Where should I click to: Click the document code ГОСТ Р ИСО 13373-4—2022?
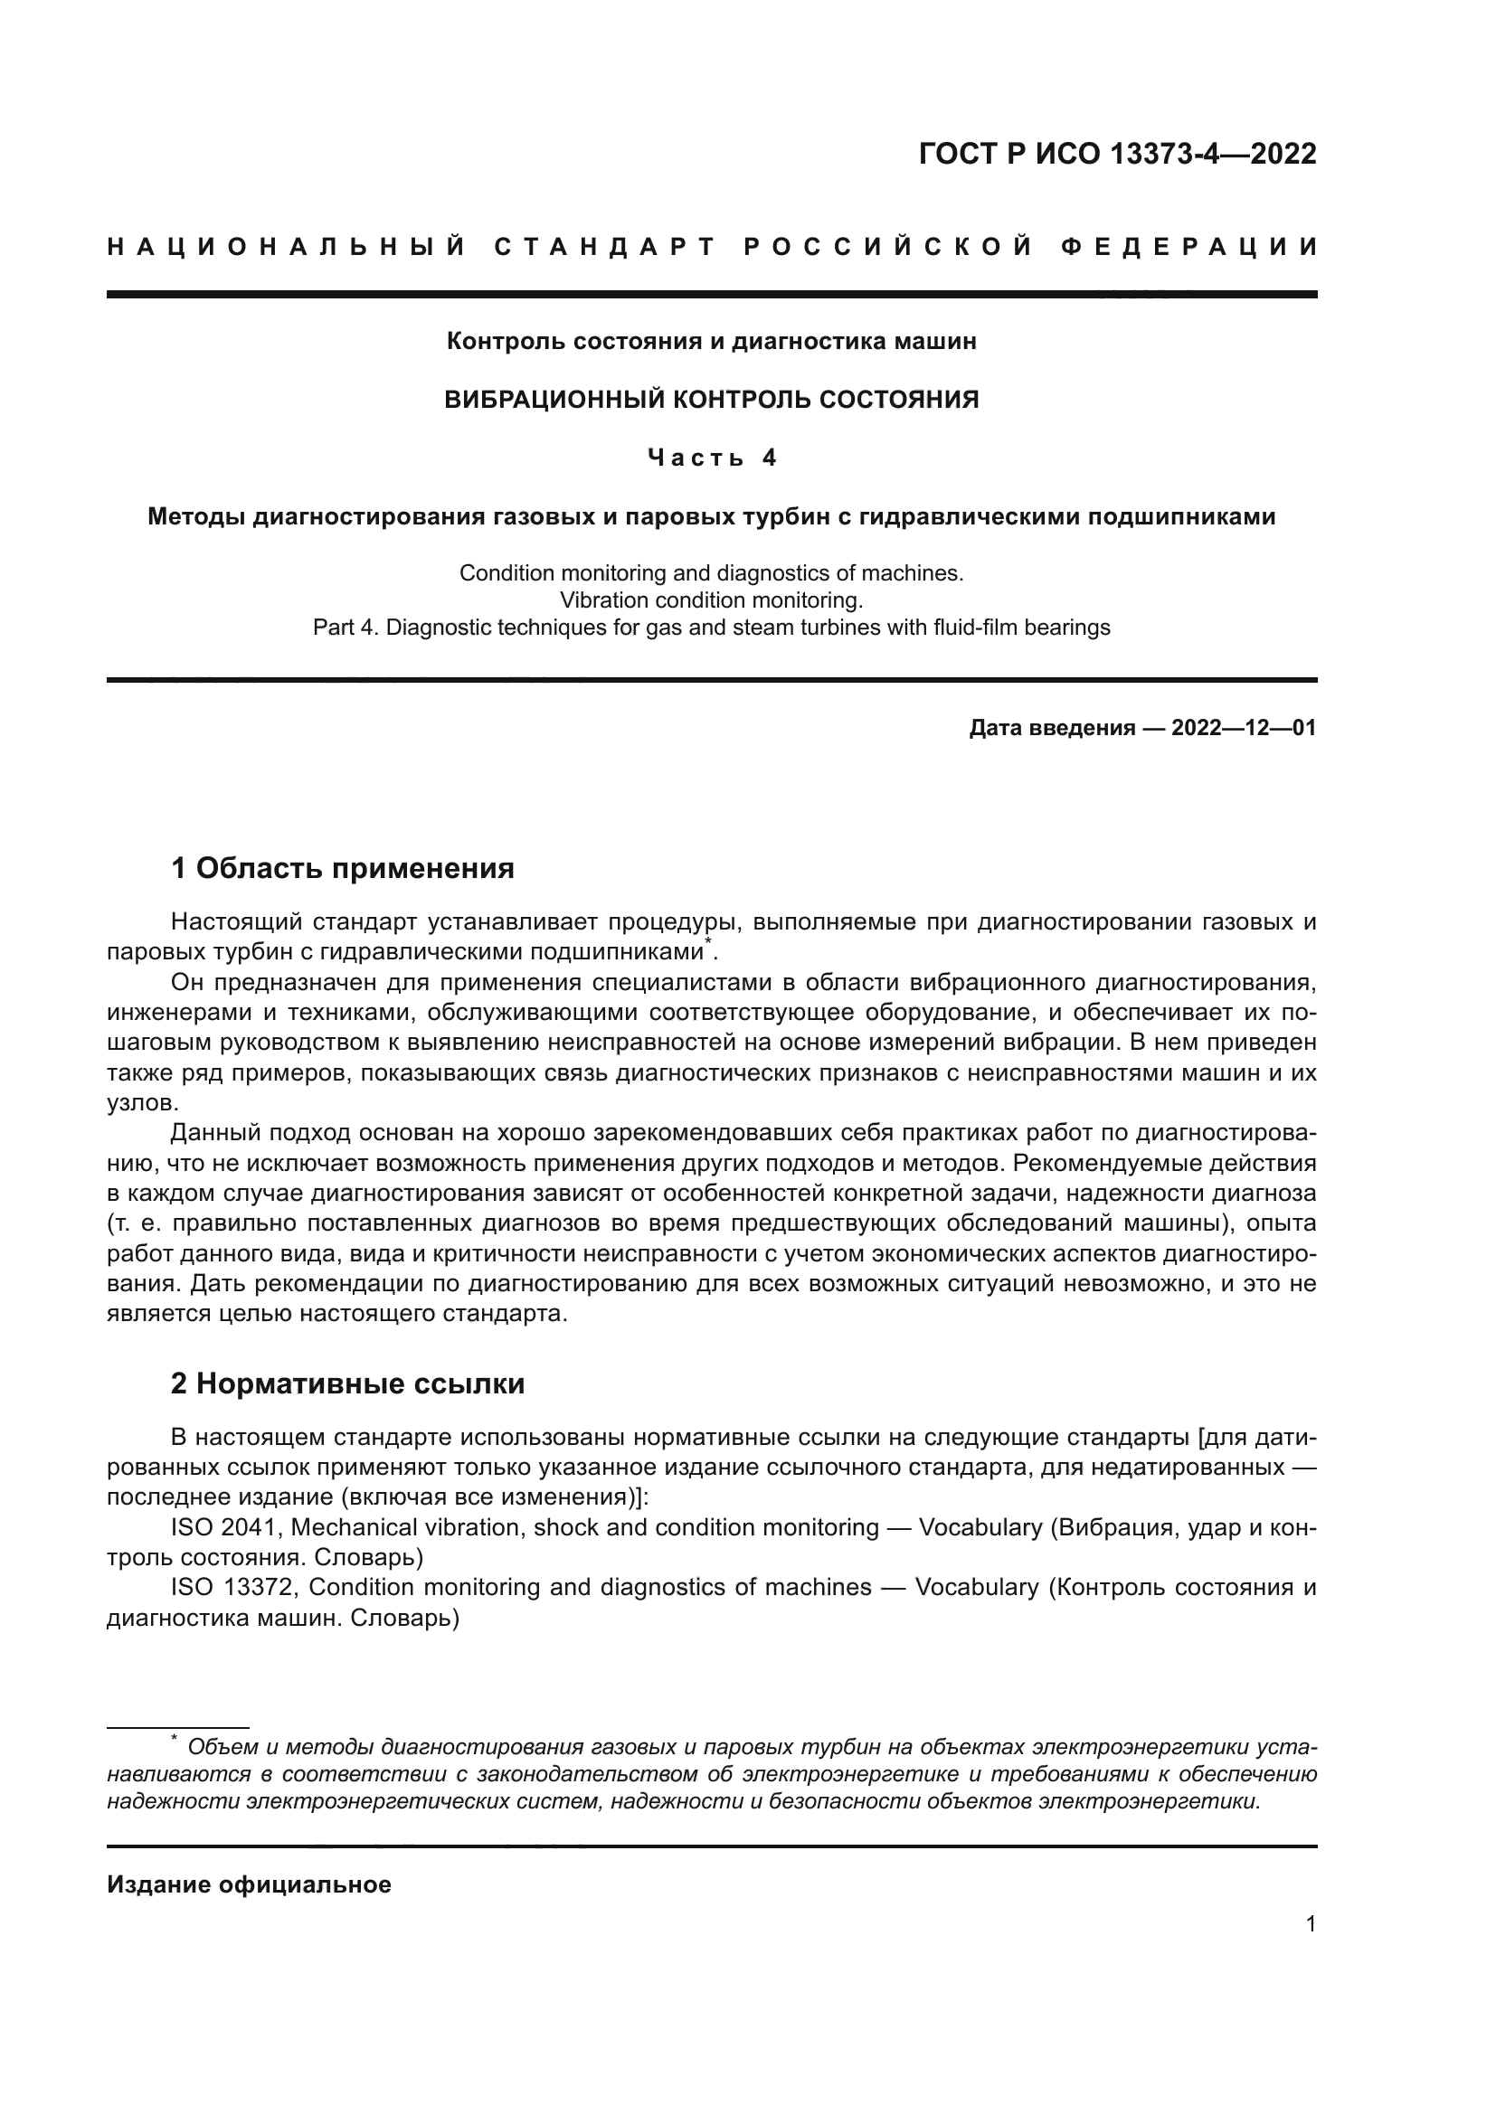click(x=1117, y=154)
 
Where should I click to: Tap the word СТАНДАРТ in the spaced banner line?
click(x=604, y=247)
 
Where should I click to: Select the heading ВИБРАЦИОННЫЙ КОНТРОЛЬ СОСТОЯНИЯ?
click(x=711, y=400)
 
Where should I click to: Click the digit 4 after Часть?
click(x=769, y=458)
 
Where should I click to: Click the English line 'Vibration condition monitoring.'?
click(x=711, y=600)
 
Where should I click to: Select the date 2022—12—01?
click(x=1244, y=729)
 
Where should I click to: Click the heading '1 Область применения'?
click(x=343, y=868)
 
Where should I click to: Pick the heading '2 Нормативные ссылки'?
click(x=347, y=1384)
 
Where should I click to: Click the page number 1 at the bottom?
click(x=1311, y=1924)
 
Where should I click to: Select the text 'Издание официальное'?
click(x=249, y=1878)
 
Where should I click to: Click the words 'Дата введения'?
click(x=1052, y=729)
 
